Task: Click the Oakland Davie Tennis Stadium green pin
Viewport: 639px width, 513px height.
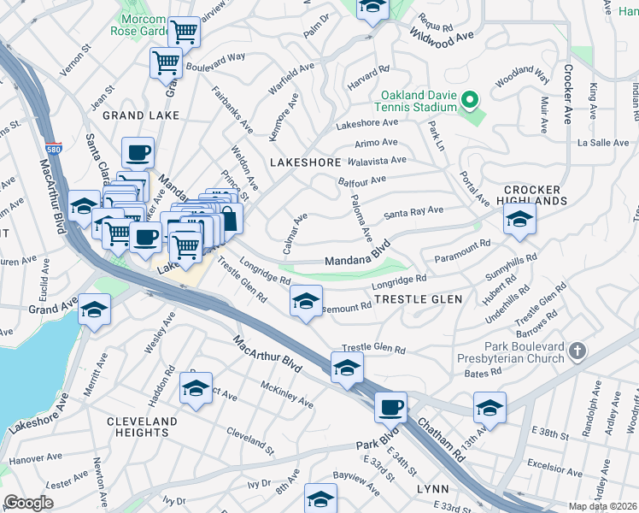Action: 468,102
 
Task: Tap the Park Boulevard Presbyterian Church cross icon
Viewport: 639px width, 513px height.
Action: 578,351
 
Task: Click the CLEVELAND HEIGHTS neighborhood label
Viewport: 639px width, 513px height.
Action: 142,427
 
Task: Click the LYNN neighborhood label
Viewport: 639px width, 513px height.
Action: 432,488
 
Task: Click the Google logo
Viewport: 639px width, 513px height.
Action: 28,503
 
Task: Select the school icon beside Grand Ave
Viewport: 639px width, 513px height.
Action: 95,310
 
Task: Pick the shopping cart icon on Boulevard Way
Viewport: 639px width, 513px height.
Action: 166,62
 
